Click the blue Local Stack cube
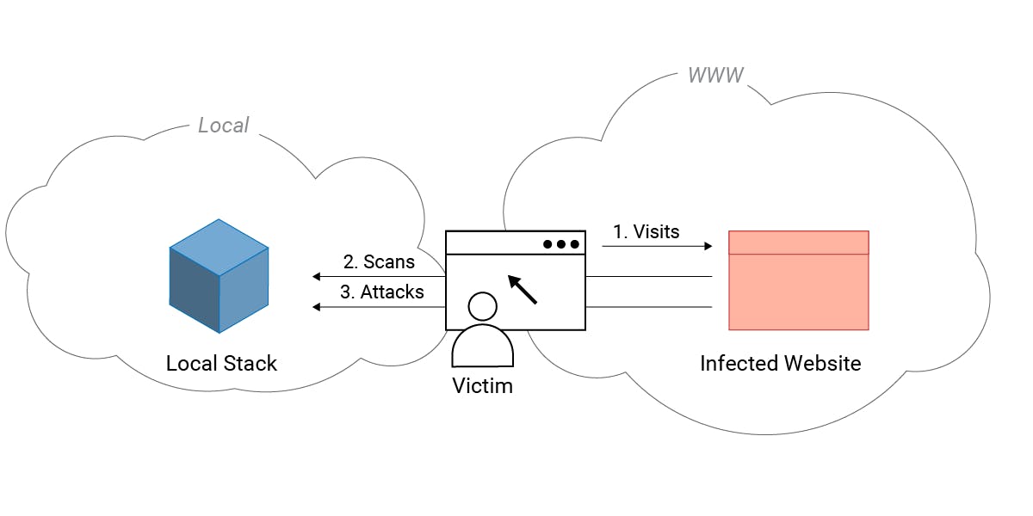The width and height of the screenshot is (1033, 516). tap(219, 276)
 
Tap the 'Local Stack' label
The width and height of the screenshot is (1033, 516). tap(221, 363)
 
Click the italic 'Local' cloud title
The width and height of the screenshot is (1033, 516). tap(223, 126)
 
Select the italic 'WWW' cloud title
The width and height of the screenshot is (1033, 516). tap(714, 75)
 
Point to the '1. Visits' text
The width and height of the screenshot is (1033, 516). tap(646, 231)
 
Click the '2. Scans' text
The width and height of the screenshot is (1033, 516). tap(379, 261)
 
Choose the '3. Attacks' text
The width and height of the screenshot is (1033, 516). tap(381, 292)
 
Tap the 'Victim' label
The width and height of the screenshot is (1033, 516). tap(482, 386)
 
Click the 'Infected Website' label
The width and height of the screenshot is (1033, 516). tap(780, 363)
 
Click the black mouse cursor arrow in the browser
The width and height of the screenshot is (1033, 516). tap(523, 290)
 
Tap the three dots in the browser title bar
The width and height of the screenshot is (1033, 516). tap(561, 244)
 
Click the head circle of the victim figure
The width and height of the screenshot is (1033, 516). tap(482, 307)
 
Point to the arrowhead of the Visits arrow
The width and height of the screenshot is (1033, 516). tap(708, 247)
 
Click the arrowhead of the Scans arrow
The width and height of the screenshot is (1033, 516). tap(317, 277)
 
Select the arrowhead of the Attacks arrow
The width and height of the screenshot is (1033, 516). tap(317, 307)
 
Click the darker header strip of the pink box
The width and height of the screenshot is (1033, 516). tap(798, 243)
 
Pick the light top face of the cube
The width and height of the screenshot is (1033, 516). tap(219, 246)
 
